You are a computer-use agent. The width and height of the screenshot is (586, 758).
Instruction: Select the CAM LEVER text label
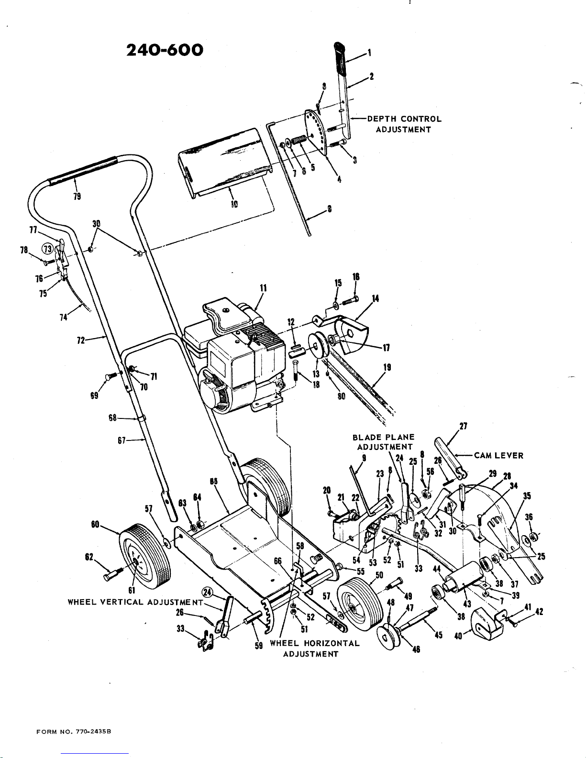[498, 455]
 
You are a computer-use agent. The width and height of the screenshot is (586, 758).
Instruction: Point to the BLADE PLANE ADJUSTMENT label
[384, 442]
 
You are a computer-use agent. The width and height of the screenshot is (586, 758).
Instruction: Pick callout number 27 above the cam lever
[463, 426]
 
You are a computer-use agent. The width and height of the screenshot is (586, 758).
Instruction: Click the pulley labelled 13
[317, 346]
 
